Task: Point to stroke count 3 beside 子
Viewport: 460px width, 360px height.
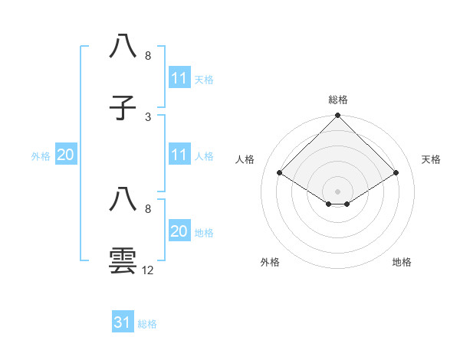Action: [x=148, y=116]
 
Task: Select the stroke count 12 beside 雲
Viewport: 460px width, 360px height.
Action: [x=148, y=270]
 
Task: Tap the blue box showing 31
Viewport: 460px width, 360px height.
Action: [x=123, y=322]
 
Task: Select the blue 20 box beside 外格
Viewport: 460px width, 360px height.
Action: [x=65, y=155]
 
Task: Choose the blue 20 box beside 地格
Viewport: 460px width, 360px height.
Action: [x=179, y=231]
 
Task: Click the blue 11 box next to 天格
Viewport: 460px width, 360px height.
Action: [x=179, y=78]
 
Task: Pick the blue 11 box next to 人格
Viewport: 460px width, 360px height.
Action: [x=179, y=155]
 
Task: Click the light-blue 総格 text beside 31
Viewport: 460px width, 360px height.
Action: [x=147, y=324]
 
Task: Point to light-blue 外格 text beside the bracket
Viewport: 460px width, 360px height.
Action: [x=41, y=155]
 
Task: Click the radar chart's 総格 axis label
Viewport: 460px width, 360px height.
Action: [x=338, y=100]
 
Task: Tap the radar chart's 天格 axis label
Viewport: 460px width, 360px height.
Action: [x=432, y=159]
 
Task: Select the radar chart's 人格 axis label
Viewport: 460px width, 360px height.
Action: [x=245, y=159]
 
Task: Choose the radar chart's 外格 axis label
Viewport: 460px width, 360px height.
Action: [x=270, y=263]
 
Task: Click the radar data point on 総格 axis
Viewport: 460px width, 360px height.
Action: [x=338, y=116]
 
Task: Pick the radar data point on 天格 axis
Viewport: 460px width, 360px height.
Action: [x=396, y=172]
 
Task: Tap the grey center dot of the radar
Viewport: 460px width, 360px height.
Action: [x=338, y=191]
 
